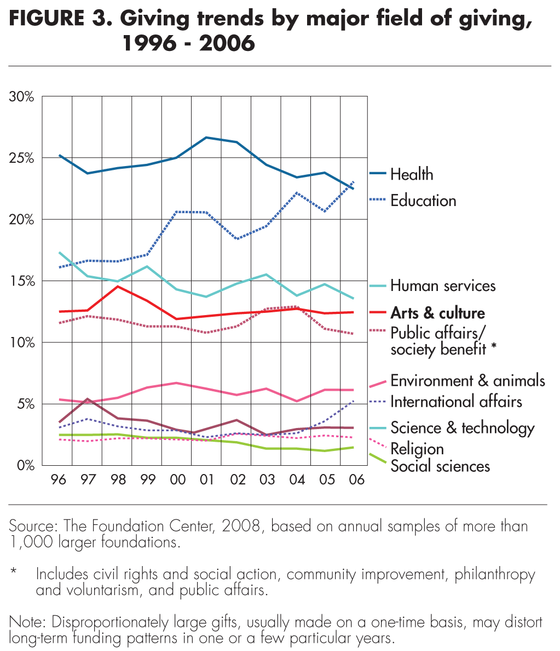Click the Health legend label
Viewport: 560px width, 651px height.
[411, 175]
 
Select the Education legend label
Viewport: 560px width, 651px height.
[423, 201]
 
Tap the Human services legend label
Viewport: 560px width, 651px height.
[442, 285]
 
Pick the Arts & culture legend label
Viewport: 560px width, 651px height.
[437, 313]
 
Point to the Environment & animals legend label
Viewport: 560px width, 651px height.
[467, 380]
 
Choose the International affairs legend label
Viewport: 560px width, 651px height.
[456, 402]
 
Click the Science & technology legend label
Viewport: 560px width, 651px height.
[462, 427]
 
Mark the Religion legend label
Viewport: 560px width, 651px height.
[417, 449]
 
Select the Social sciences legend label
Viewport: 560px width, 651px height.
[440, 466]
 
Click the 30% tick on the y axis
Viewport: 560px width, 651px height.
[22, 97]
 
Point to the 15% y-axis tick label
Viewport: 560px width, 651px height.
[22, 281]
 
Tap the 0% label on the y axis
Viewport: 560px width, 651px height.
[25, 465]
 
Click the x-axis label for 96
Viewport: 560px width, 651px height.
[58, 479]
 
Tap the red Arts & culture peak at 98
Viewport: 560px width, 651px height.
[118, 286]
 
